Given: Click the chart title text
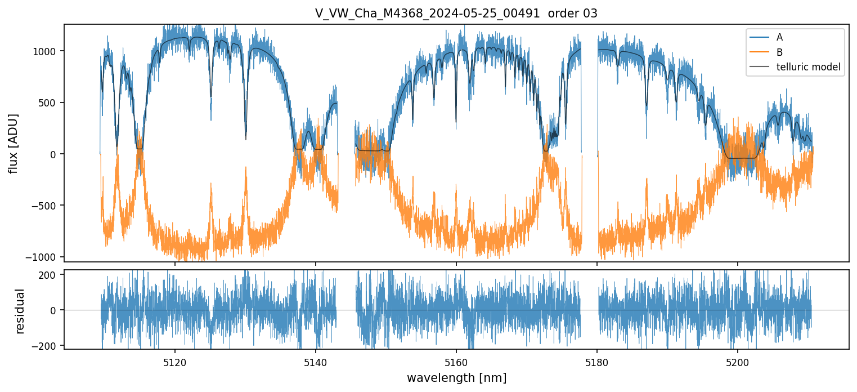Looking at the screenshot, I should tap(456, 14).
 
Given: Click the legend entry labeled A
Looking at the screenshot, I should tap(779, 38).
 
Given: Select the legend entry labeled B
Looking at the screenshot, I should tap(779, 52).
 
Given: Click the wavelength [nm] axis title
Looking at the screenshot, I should tap(456, 377).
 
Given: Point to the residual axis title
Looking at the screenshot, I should tap(20, 310).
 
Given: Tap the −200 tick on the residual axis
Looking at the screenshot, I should tap(47, 345).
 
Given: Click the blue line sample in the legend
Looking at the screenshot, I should tap(759, 38).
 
